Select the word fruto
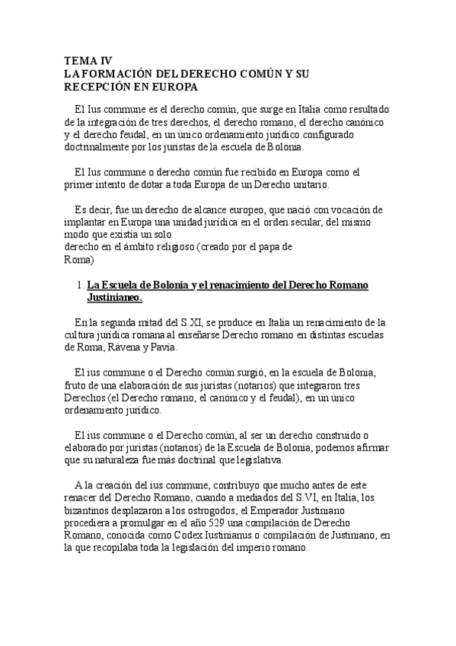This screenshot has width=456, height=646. (75, 385)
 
